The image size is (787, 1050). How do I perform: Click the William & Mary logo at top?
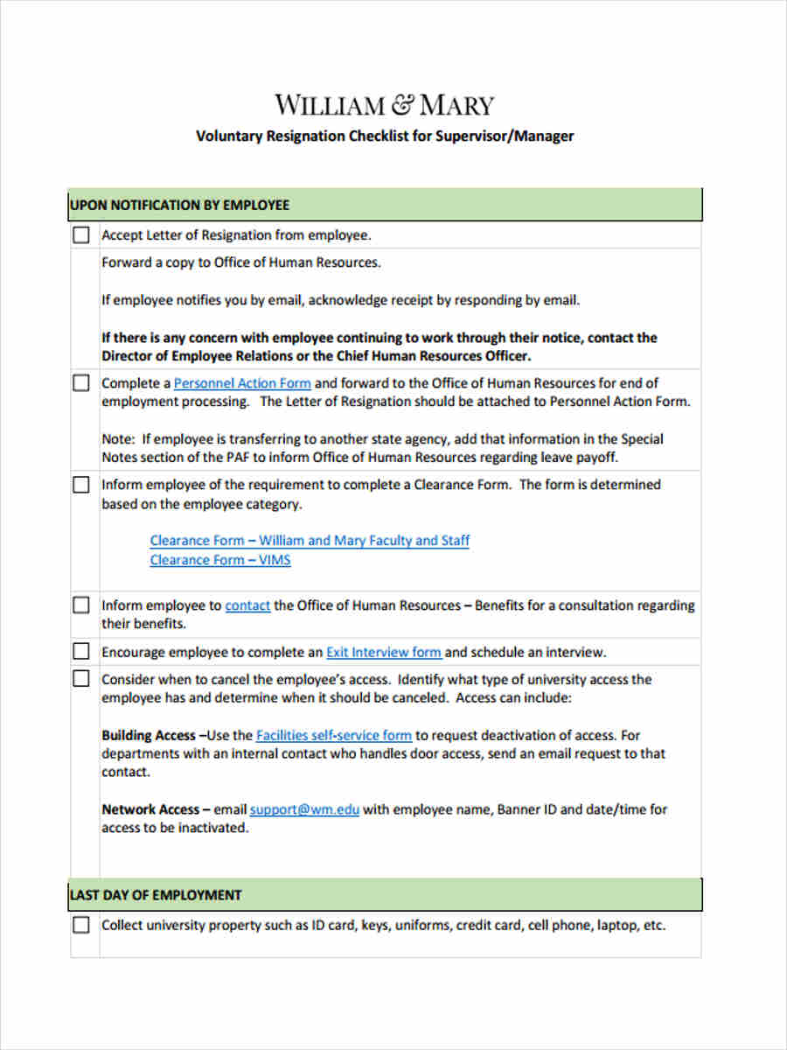pyautogui.click(x=385, y=106)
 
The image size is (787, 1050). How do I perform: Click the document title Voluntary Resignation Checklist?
pyautogui.click(x=385, y=136)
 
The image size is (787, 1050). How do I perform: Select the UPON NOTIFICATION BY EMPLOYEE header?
pyautogui.click(x=179, y=205)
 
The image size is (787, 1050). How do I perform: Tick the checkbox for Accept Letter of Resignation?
pyautogui.click(x=81, y=235)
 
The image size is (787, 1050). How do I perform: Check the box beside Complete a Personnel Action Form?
pyautogui.click(x=81, y=383)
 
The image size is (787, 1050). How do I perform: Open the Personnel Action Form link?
pyautogui.click(x=242, y=383)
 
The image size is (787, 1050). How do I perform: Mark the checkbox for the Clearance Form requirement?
pyautogui.click(x=81, y=485)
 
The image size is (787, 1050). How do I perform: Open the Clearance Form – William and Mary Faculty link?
pyautogui.click(x=310, y=541)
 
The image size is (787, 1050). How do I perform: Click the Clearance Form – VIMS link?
pyautogui.click(x=220, y=560)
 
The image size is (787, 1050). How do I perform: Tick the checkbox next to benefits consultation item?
pyautogui.click(x=81, y=605)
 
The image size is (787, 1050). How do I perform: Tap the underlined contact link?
pyautogui.click(x=247, y=605)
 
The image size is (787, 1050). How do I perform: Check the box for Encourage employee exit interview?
pyautogui.click(x=81, y=652)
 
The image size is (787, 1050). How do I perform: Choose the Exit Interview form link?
pyautogui.click(x=384, y=653)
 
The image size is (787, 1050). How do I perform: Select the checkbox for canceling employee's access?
pyautogui.click(x=81, y=679)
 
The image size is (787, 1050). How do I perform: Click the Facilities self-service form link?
pyautogui.click(x=334, y=736)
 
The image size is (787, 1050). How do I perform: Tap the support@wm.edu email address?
pyautogui.click(x=304, y=810)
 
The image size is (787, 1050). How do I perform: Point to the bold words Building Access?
pyautogui.click(x=149, y=736)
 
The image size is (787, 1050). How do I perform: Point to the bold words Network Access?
pyautogui.click(x=150, y=810)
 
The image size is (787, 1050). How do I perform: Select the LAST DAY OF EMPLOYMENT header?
pyautogui.click(x=156, y=895)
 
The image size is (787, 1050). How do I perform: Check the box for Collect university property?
pyautogui.click(x=81, y=926)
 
